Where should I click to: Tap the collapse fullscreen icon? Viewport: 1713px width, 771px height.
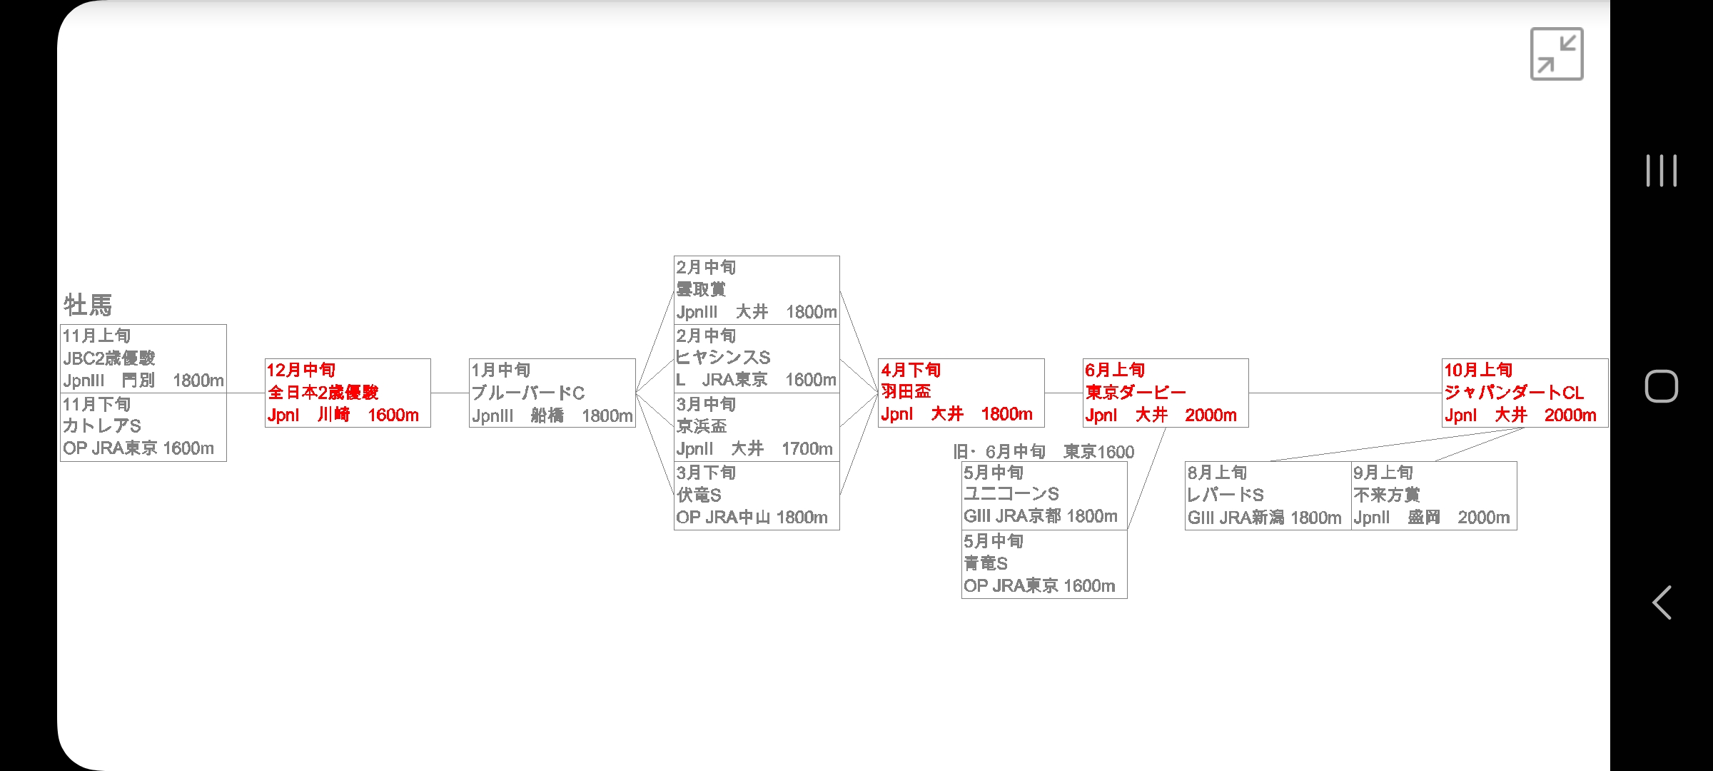(x=1556, y=54)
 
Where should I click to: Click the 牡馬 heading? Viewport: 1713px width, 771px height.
(x=88, y=305)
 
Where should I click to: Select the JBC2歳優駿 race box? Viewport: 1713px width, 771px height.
(x=143, y=358)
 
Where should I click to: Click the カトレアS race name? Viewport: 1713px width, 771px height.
(x=102, y=426)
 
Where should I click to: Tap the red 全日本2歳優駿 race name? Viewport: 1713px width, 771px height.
(x=323, y=393)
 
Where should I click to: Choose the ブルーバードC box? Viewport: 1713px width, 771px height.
(x=552, y=393)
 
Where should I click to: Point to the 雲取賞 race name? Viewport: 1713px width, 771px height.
(x=701, y=289)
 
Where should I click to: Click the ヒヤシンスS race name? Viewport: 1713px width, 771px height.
(x=724, y=358)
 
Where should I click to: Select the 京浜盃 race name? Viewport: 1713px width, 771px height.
(x=702, y=426)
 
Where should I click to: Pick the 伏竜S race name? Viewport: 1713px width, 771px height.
(x=699, y=495)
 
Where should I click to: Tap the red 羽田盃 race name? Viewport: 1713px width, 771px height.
(x=906, y=391)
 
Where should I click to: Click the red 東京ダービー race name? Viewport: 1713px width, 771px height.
(x=1136, y=393)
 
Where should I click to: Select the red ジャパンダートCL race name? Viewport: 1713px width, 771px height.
(x=1514, y=393)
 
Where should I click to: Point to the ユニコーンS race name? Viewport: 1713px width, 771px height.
(x=1011, y=494)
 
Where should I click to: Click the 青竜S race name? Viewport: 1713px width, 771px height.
(x=986, y=563)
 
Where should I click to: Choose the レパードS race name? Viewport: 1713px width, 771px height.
(x=1226, y=495)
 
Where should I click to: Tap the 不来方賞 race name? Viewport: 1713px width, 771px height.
(x=1387, y=495)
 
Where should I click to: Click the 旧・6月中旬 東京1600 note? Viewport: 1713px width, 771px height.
(x=1044, y=452)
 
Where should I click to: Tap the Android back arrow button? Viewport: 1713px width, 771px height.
(x=1662, y=603)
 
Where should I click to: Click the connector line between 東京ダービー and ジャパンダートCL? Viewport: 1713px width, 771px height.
(x=1345, y=393)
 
